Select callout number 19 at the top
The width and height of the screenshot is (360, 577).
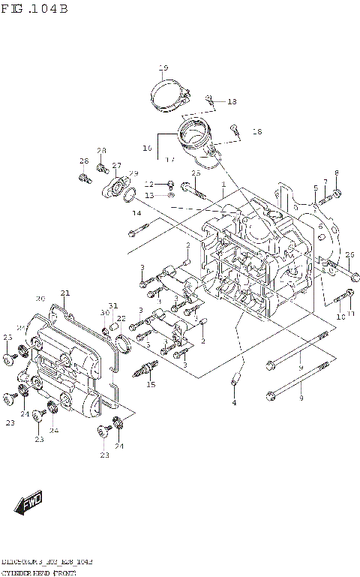[x=163, y=70]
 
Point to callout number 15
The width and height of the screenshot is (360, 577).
[x=151, y=385]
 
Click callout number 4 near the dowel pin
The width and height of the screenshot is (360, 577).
[x=233, y=403]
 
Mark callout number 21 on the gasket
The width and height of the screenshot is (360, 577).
[x=65, y=293]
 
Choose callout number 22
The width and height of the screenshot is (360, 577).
[x=121, y=319]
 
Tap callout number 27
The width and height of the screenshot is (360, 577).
[x=116, y=166]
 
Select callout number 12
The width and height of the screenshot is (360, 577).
[x=148, y=184]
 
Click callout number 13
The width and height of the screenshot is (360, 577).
[x=148, y=195]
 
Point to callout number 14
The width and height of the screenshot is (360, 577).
[x=136, y=214]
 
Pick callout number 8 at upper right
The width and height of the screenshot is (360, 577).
[x=336, y=173]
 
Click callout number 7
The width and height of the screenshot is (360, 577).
[x=325, y=182]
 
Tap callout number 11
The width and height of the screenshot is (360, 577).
[x=350, y=313]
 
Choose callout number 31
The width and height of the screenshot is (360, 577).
[x=113, y=305]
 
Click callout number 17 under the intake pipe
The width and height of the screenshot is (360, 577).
[x=170, y=159]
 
